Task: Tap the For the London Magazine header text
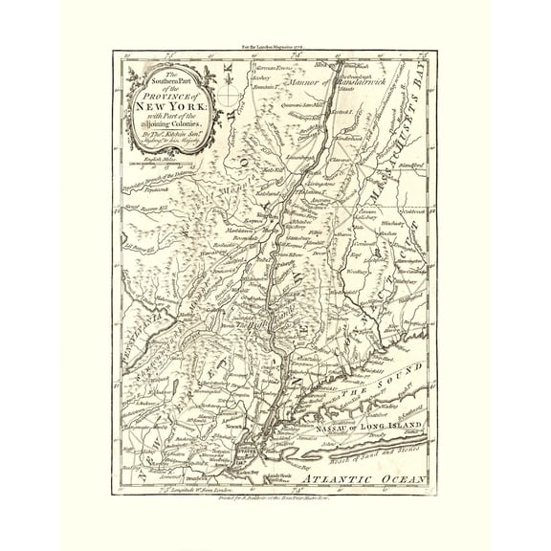click(276, 45)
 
